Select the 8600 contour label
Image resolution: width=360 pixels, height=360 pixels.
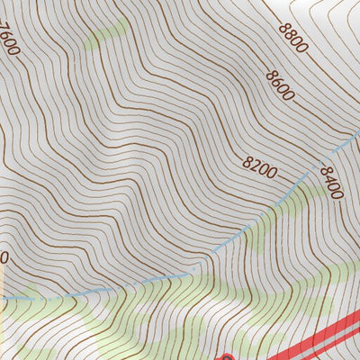coord(281,85)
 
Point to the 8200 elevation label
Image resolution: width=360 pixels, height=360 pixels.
coord(260,165)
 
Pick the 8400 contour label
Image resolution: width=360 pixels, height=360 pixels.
coord(331,184)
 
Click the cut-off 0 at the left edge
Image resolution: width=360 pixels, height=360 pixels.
coord(4,257)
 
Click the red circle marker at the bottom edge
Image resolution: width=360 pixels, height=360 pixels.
coord(226,357)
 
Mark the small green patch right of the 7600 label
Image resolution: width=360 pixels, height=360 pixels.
coord(106,34)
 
